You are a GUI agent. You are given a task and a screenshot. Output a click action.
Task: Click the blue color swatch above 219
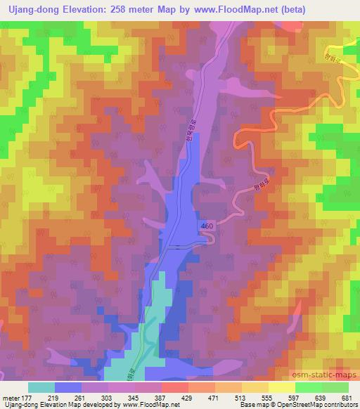pos(68,387)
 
